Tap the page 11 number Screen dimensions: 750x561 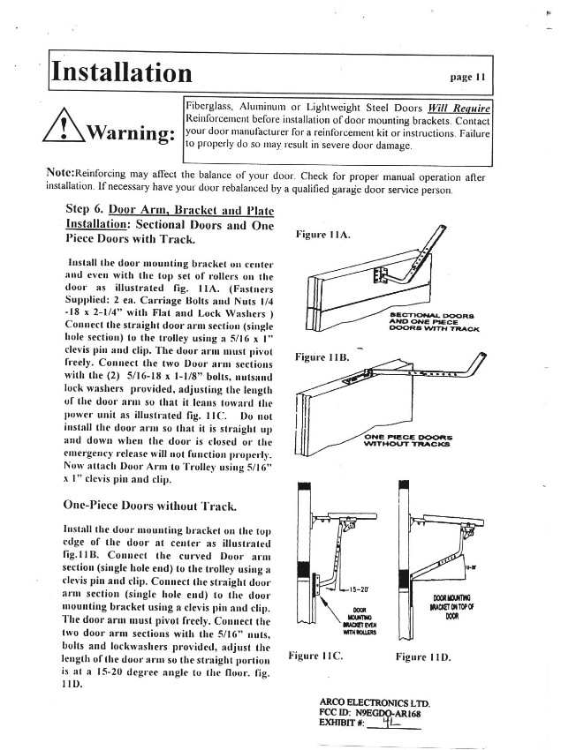[x=468, y=77]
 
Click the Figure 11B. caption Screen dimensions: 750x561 [x=322, y=357]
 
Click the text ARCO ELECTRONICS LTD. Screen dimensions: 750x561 [x=374, y=703]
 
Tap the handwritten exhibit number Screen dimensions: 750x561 [x=385, y=724]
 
